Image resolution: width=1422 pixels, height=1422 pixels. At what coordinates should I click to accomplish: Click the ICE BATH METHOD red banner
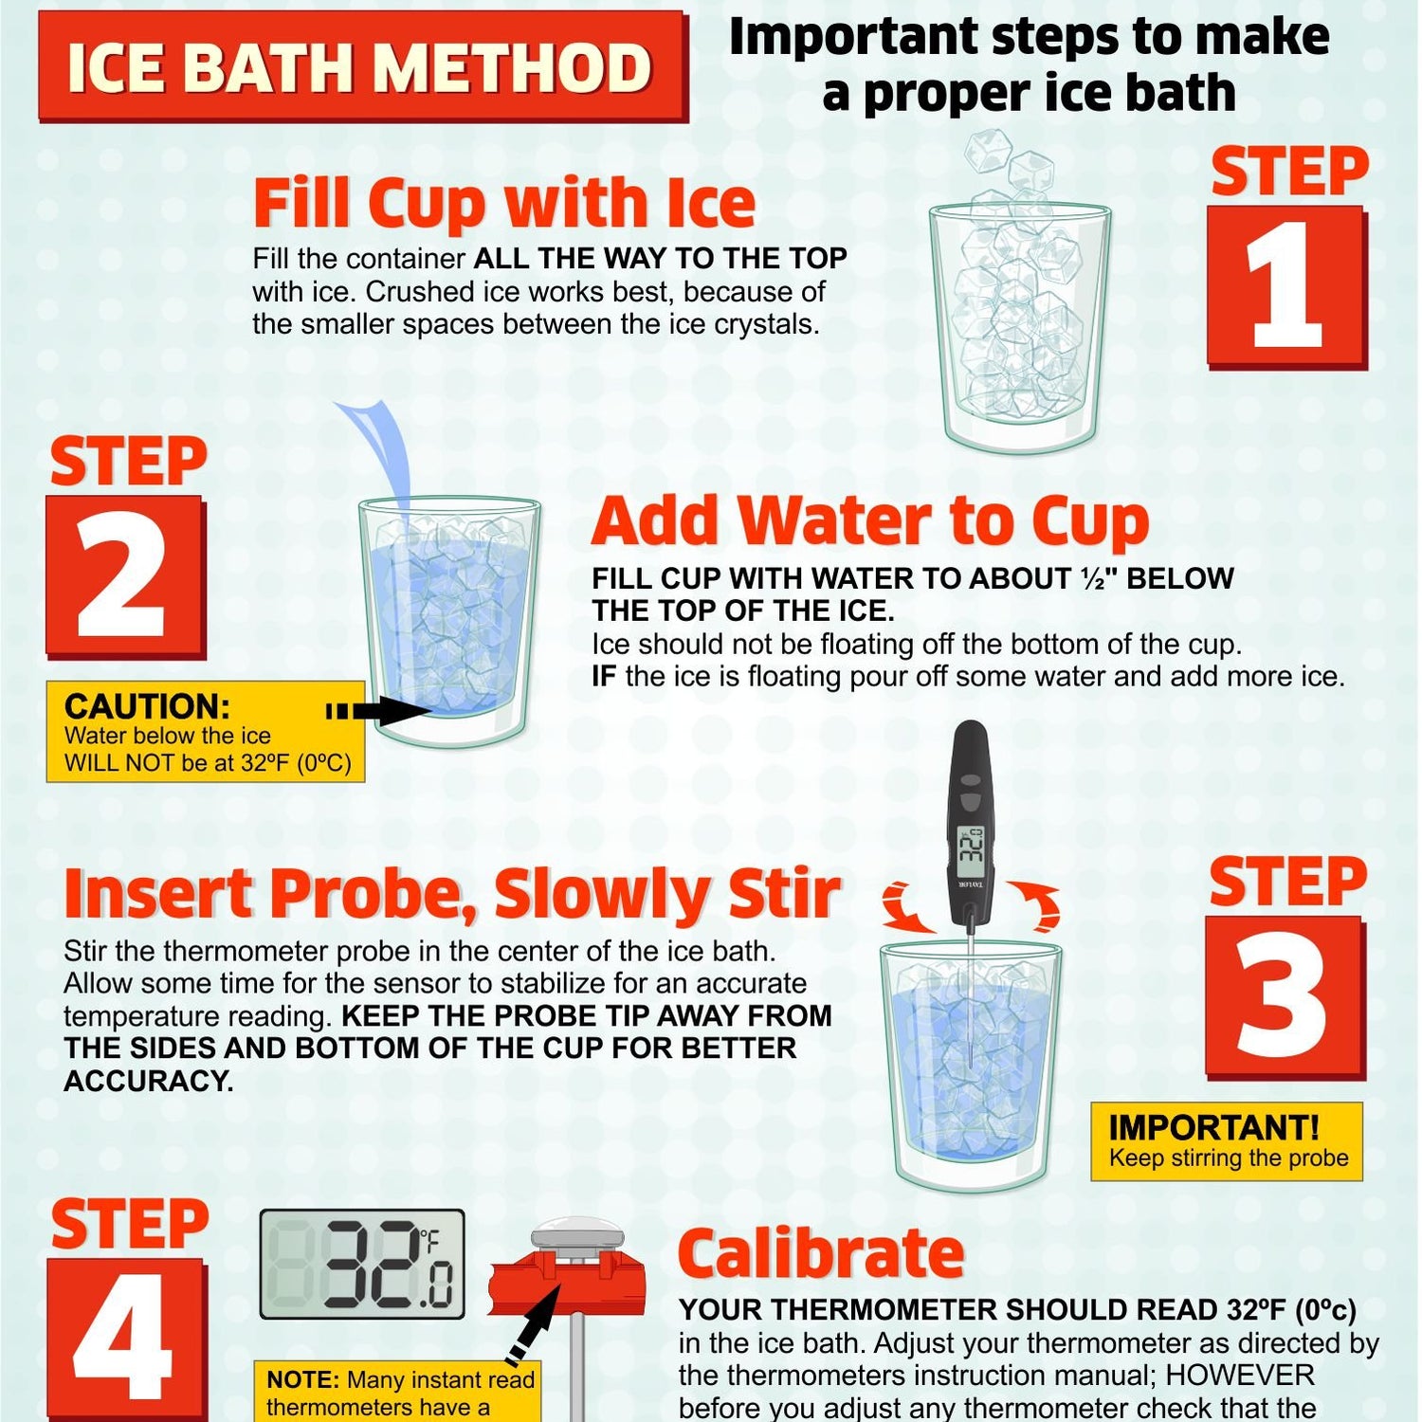tap(362, 65)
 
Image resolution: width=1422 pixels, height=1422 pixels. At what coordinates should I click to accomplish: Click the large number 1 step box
tap(1287, 287)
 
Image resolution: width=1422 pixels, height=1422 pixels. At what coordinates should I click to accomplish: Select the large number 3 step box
tap(1285, 997)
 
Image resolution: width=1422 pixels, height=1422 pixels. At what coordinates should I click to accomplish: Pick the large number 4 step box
tap(126, 1339)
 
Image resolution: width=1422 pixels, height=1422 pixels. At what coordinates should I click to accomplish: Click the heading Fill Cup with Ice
tap(504, 204)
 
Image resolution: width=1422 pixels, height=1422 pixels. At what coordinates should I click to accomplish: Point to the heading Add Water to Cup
tap(870, 521)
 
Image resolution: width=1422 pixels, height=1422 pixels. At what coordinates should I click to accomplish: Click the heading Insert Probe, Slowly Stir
tap(452, 894)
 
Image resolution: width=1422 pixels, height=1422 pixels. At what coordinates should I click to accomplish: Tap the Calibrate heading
tap(821, 1253)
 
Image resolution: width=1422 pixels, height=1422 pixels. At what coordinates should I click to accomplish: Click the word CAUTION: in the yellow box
tap(147, 706)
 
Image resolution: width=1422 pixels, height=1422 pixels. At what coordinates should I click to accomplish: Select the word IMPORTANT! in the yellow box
tap(1213, 1127)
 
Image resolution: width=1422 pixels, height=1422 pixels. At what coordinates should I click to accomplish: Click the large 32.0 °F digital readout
tap(362, 1265)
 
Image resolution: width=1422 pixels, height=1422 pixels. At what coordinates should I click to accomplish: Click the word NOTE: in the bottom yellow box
tap(302, 1379)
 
